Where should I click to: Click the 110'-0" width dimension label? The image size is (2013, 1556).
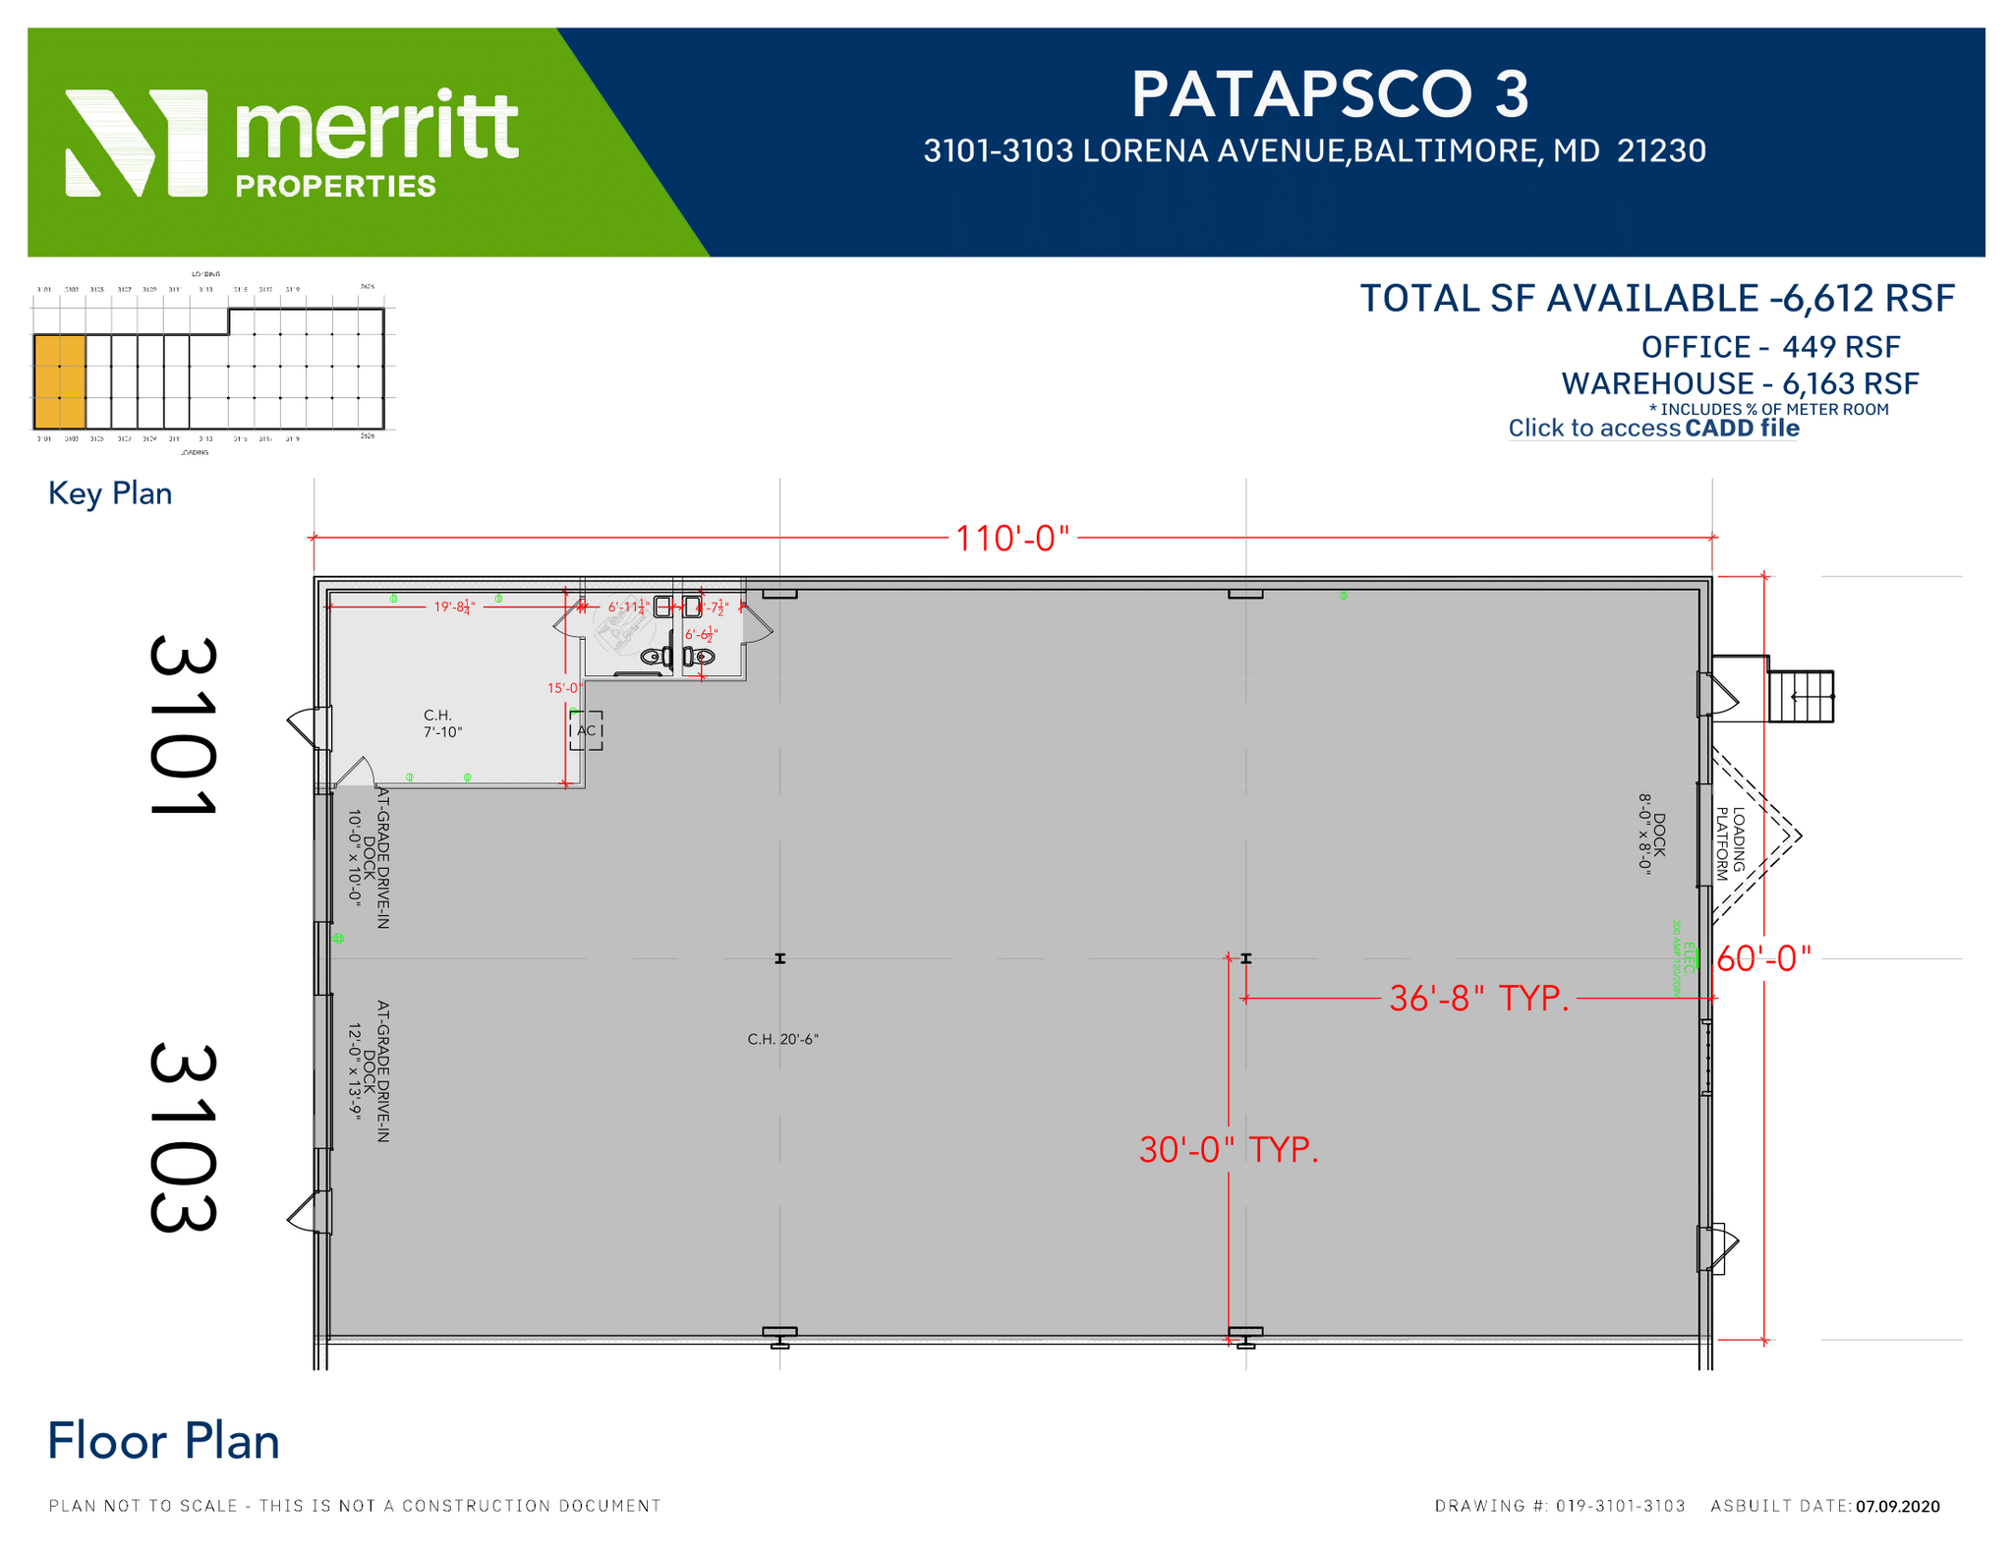coord(1011,539)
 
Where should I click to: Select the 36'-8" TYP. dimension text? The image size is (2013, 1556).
coord(1478,999)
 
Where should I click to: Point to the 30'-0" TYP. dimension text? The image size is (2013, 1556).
coord(1228,1150)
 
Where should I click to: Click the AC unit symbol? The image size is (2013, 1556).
coord(586,730)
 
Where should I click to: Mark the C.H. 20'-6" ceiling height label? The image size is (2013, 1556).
coord(782,1039)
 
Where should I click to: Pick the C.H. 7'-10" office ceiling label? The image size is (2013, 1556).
coord(442,723)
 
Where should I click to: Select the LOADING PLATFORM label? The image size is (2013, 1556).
coord(1730,843)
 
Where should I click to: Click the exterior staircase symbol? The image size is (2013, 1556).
coord(1801,697)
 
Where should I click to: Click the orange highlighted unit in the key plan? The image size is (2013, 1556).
coord(59,381)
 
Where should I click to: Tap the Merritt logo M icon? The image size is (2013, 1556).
coord(137,143)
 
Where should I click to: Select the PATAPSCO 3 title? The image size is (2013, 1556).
coord(1329,95)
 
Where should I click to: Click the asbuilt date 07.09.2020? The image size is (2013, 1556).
coord(1897,1506)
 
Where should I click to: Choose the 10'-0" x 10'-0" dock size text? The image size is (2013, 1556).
coord(355,857)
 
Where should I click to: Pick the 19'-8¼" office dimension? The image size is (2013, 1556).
coord(454,607)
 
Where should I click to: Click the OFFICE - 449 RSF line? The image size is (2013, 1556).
coord(1770,347)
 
